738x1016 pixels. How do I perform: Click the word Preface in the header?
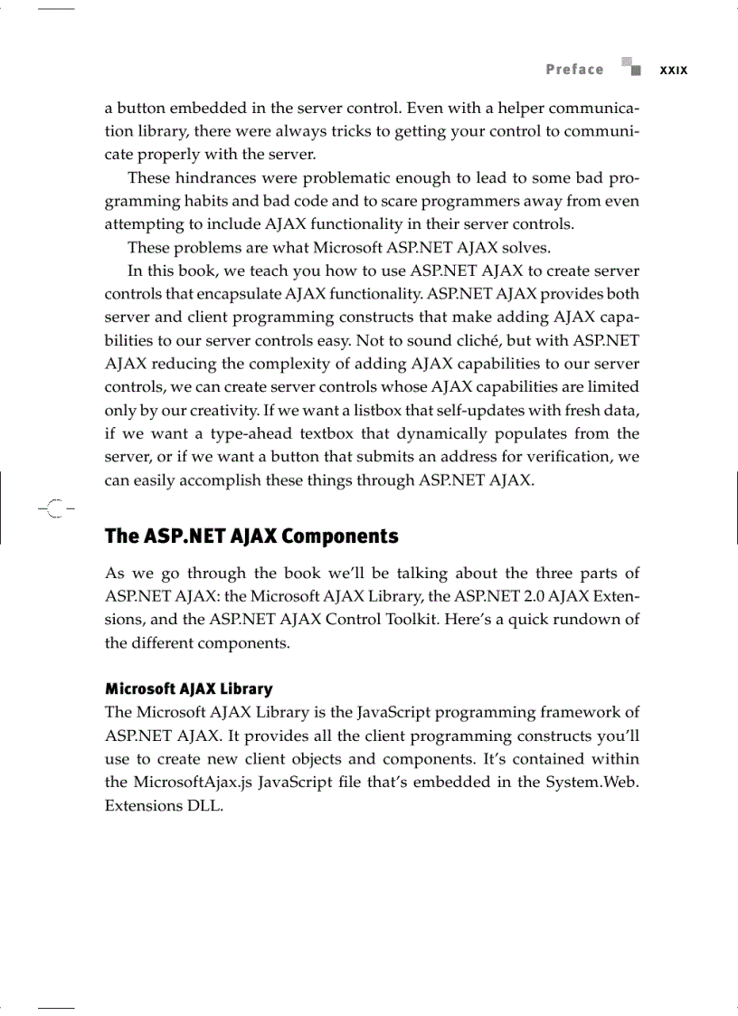tap(574, 70)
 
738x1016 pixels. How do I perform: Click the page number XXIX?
tap(673, 71)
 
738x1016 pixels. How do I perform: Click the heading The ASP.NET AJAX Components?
tap(251, 536)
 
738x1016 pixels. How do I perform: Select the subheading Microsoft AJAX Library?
tap(188, 689)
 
